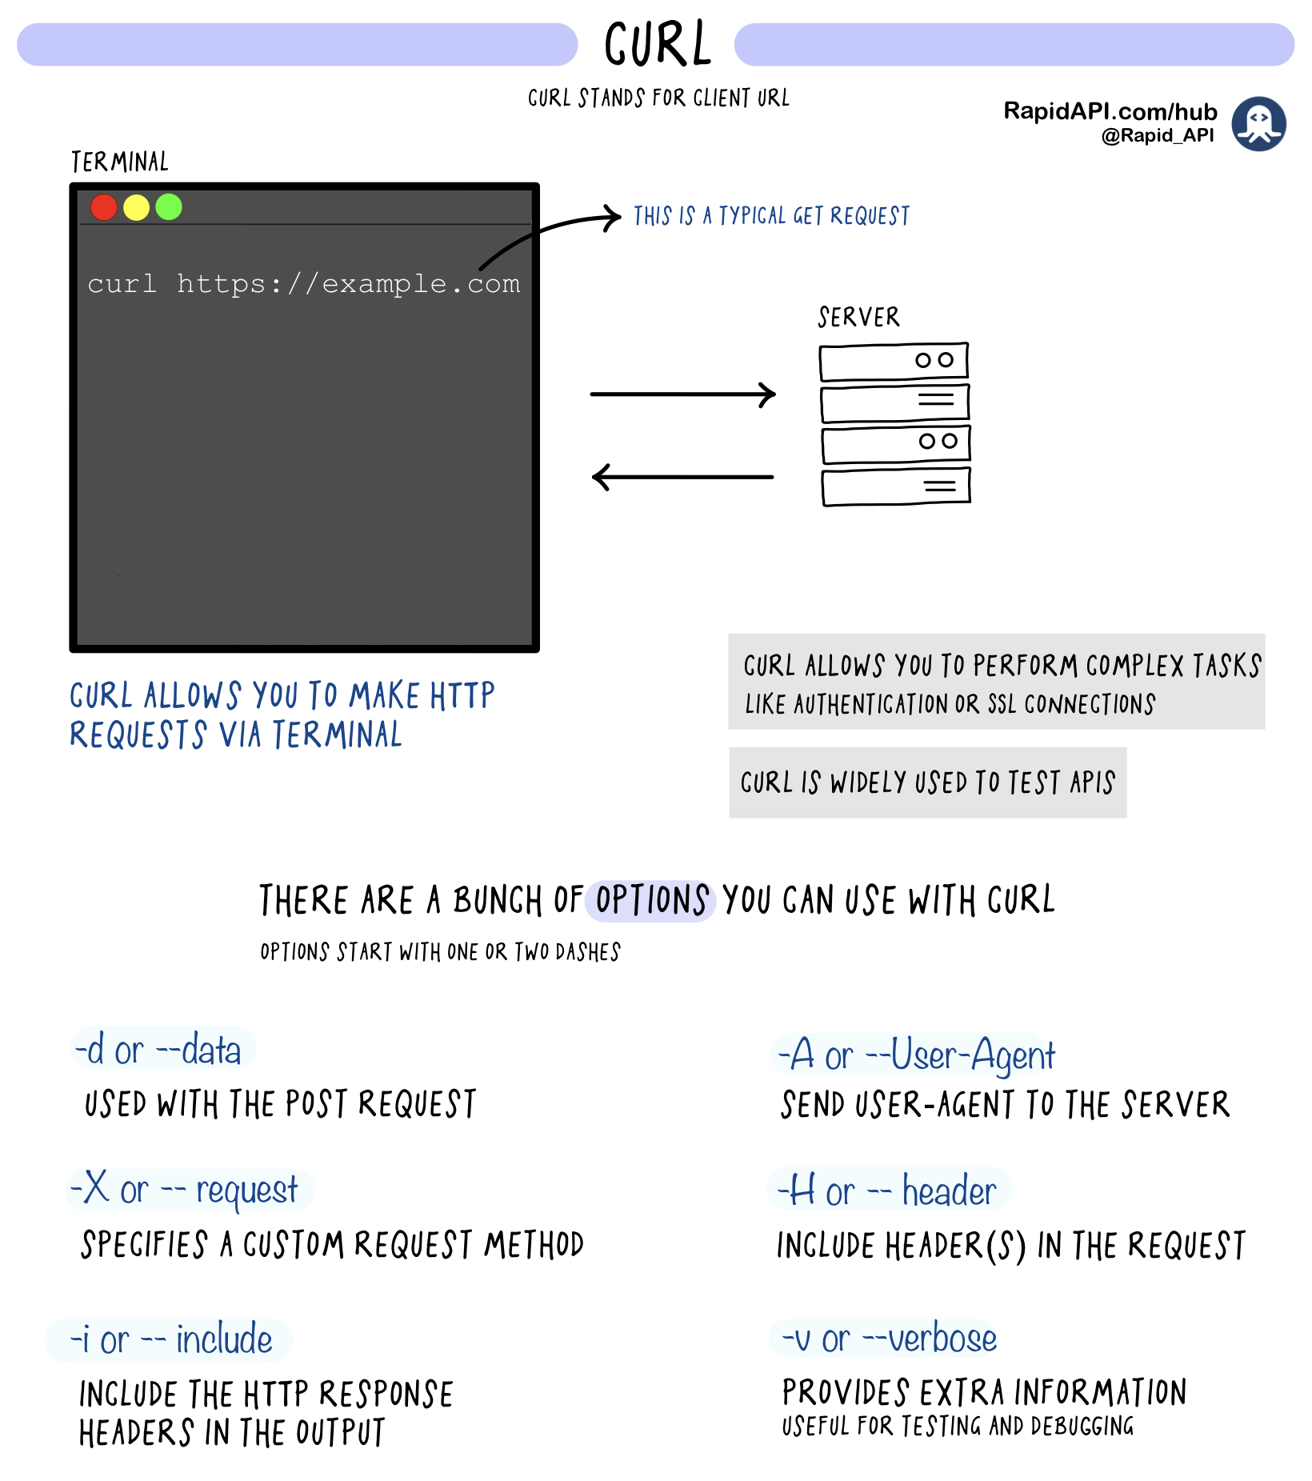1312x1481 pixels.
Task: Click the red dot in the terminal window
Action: pyautogui.click(x=104, y=207)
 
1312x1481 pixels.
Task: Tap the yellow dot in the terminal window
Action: pyautogui.click(x=136, y=207)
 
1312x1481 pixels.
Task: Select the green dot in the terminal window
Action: pyautogui.click(x=169, y=207)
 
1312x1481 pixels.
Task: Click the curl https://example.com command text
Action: pyautogui.click(x=304, y=284)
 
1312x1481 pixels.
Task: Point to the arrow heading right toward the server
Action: pyautogui.click(x=683, y=394)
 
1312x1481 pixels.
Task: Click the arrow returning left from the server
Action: pyautogui.click(x=682, y=477)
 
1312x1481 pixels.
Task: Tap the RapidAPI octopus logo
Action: pyautogui.click(x=1258, y=124)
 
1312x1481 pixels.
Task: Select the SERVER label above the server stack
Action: pyautogui.click(x=858, y=317)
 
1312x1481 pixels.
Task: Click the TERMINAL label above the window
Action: pyautogui.click(x=120, y=162)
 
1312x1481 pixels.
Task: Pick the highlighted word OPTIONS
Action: pyautogui.click(x=651, y=900)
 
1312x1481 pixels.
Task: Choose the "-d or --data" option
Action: pyautogui.click(x=158, y=1049)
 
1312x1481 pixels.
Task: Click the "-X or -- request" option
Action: pyautogui.click(x=186, y=1189)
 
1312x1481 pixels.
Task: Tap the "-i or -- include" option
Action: pyautogui.click(x=170, y=1339)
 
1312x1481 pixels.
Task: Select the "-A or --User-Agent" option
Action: pyautogui.click(x=917, y=1055)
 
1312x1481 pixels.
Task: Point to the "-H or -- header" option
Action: pyautogui.click(x=888, y=1191)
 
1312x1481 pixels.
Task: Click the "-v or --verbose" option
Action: pyautogui.click(x=889, y=1339)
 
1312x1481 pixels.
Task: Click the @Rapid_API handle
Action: pyautogui.click(x=1158, y=135)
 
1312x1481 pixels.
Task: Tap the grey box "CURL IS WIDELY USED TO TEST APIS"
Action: pyautogui.click(x=928, y=783)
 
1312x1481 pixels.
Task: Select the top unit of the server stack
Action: pyautogui.click(x=894, y=362)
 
